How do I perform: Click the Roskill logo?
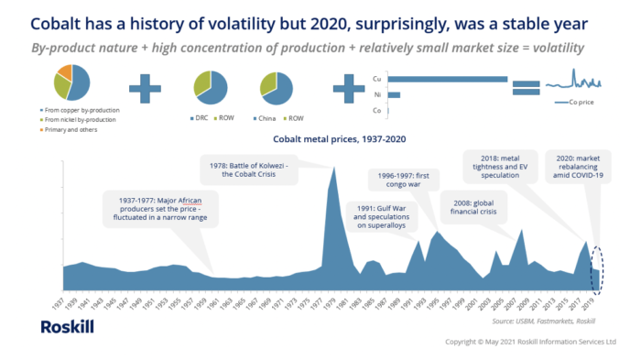(67, 327)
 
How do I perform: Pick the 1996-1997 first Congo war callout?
(406, 178)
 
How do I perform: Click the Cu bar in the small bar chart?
(448, 80)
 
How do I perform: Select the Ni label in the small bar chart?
(378, 94)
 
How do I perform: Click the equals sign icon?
(526, 88)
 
